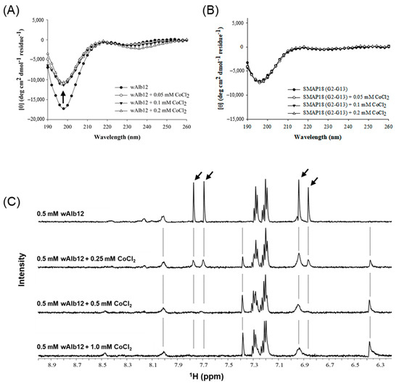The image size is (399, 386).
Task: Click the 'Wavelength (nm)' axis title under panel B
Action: click(x=319, y=135)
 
